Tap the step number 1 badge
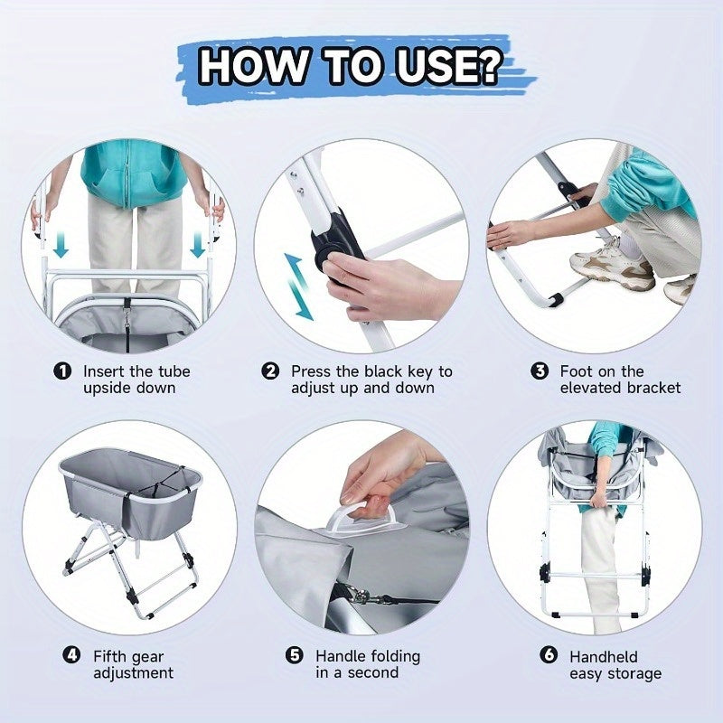coord(62,371)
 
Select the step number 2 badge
coord(270,371)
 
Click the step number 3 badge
coord(540,371)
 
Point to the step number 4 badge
coord(71,654)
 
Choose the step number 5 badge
coord(295,654)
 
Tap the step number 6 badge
coord(549,654)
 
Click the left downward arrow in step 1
coord(61,245)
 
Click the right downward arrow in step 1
coord(198,245)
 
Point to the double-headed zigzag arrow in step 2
coord(298,286)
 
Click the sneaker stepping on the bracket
coord(612,263)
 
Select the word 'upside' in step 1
coord(107,388)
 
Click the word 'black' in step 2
coord(382,371)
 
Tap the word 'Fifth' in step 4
coord(109,656)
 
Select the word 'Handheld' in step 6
coord(603,657)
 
